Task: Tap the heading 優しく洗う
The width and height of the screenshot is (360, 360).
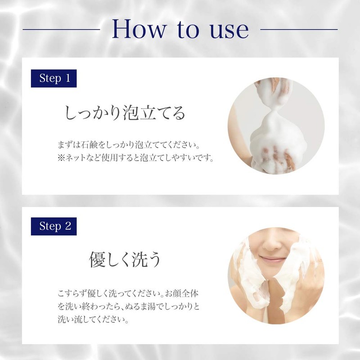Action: pos(125,261)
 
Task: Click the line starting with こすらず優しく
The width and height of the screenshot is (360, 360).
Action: pos(128,293)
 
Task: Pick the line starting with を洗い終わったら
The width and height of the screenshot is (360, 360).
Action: pos(128,307)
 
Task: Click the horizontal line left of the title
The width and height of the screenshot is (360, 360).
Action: pos(61,30)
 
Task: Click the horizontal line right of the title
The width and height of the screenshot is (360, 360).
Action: pos(299,30)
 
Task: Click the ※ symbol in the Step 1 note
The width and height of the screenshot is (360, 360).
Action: pos(62,159)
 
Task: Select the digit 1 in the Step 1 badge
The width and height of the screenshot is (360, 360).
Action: pos(67,78)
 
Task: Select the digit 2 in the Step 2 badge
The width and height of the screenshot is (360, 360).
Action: pos(68,226)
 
